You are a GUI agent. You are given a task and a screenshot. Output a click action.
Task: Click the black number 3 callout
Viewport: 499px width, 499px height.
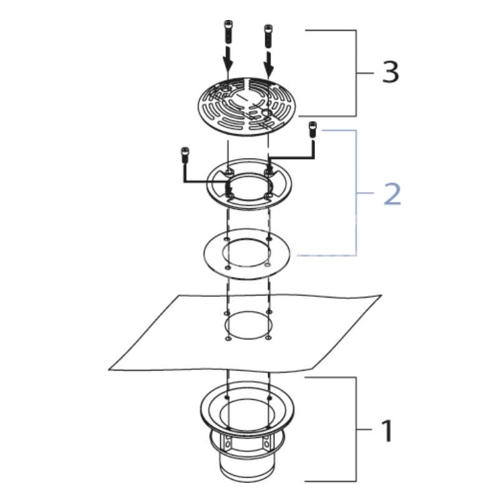coord(390,72)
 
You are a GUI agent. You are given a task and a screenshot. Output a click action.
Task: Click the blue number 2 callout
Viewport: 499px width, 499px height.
coord(392,194)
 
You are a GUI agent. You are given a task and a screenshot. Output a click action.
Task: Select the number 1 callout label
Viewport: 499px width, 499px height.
coord(387,430)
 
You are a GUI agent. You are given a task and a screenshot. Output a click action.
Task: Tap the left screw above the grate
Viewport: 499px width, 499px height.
coord(228,32)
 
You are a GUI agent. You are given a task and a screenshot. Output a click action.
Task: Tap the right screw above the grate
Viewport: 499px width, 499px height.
coord(268,36)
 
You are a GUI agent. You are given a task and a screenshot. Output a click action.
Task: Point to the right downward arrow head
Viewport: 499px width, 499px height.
coord(269,70)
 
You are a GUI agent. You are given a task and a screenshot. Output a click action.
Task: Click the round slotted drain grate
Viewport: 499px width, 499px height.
coord(246,107)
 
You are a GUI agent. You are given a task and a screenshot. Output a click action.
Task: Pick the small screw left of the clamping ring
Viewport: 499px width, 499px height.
coord(185,155)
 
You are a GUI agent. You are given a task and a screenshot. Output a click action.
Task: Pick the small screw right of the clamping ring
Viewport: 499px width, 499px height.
coord(312,129)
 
